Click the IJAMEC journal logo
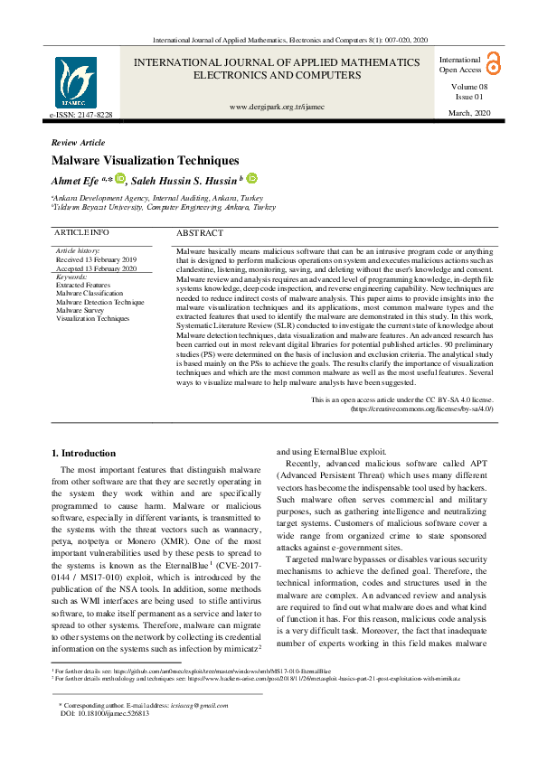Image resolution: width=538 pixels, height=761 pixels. tap(75, 82)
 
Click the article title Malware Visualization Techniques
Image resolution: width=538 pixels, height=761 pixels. tap(146, 160)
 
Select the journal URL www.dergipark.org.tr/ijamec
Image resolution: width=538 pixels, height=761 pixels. tap(277, 107)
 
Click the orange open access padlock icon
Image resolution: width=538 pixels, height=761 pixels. tap(493, 62)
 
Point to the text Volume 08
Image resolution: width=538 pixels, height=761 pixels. tap(468, 85)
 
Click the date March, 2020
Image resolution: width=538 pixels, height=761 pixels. tap(467, 112)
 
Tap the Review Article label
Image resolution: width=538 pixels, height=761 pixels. tap(79, 143)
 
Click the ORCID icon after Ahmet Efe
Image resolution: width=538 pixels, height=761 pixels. tap(119, 179)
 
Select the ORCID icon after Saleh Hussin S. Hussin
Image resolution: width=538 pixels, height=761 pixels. tap(252, 179)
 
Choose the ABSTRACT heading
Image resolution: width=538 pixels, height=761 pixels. tap(200, 233)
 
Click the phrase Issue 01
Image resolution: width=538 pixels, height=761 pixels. tap(468, 95)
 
